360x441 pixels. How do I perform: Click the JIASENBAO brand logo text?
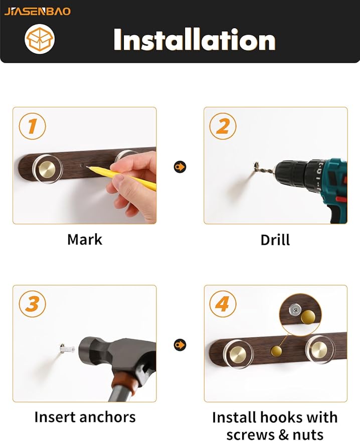[38, 12]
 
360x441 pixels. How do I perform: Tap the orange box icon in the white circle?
[39, 39]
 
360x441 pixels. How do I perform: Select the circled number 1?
[32, 126]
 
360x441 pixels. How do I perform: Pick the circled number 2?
[223, 126]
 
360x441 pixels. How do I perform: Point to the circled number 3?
[32, 304]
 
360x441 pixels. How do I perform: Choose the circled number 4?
[223, 304]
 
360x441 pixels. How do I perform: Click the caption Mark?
[85, 240]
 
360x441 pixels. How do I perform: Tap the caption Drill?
[275, 240]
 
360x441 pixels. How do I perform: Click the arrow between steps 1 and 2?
[180, 167]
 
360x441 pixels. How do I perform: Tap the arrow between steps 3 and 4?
[180, 345]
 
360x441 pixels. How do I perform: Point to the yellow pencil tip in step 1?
[87, 168]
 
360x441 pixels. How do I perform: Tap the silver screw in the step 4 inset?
[295, 310]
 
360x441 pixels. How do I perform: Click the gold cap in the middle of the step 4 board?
[276, 351]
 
